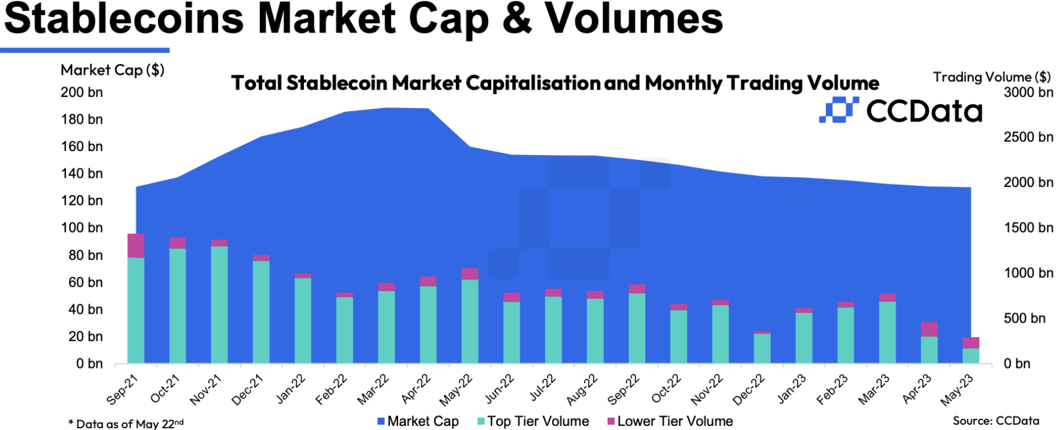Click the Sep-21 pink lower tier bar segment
[x=135, y=246]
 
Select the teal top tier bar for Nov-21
[x=219, y=304]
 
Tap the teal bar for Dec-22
[x=762, y=348]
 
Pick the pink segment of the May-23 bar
[x=971, y=342]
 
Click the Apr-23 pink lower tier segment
[x=929, y=329]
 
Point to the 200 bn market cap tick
[x=82, y=92]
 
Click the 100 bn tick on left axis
[x=82, y=228]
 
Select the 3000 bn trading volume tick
[x=1028, y=92]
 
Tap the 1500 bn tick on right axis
[x=1028, y=228]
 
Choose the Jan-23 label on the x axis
[x=792, y=389]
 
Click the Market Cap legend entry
[x=418, y=421]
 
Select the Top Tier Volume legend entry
[x=533, y=421]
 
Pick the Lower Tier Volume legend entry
[x=670, y=421]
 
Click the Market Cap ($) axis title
[x=112, y=70]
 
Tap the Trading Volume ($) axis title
[x=992, y=77]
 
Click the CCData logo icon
[x=838, y=110]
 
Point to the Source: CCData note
[x=996, y=421]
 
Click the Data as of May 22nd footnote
[x=126, y=424]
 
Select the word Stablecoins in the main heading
[x=124, y=19]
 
